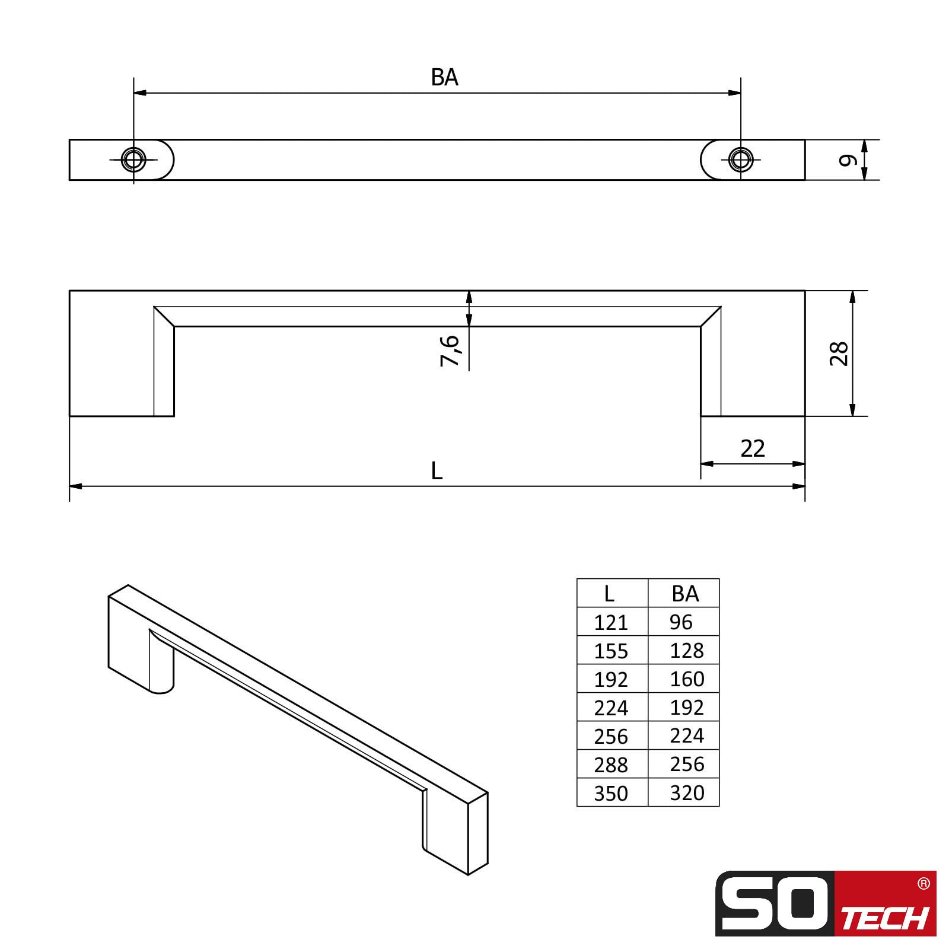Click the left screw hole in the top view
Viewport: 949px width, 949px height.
pyautogui.click(x=133, y=160)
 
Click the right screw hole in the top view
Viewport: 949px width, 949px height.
pyautogui.click(x=740, y=160)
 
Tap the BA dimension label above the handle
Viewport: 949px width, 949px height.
pyautogui.click(x=445, y=78)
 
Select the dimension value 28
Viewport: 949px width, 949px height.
pyautogui.click(x=839, y=354)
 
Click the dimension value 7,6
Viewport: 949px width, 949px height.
pyautogui.click(x=450, y=351)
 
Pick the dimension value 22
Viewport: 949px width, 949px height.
pyautogui.click(x=753, y=448)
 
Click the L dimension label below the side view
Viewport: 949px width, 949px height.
pyautogui.click(x=437, y=471)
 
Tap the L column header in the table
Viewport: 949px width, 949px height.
pyautogui.click(x=609, y=593)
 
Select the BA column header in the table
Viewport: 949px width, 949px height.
pyautogui.click(x=685, y=593)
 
